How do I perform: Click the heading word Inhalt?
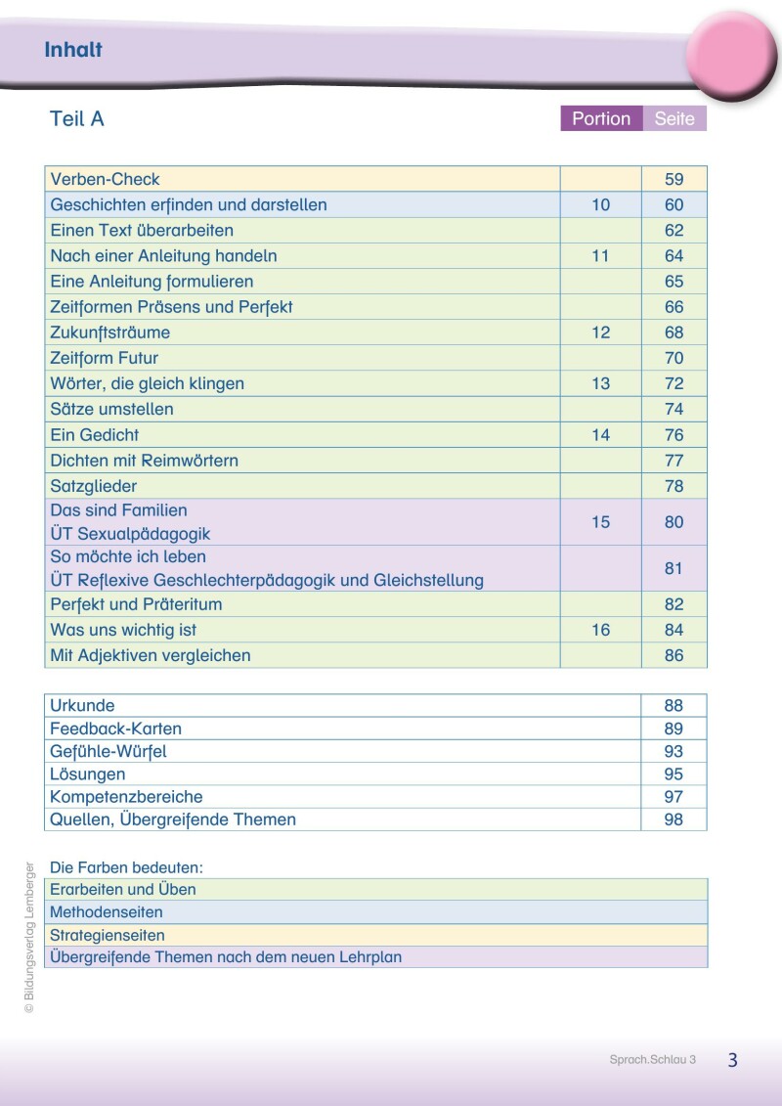point(73,50)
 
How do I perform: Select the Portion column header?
point(601,119)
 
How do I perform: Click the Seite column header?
point(674,119)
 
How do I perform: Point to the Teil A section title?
point(76,119)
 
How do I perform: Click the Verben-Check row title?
point(105,180)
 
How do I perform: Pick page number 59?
point(673,180)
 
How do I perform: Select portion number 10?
point(600,205)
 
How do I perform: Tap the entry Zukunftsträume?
point(109,332)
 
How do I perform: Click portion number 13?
point(600,383)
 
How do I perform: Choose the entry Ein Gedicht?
point(95,435)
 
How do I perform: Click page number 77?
point(673,461)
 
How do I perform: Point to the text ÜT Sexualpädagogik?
point(130,534)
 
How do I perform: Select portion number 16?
point(600,630)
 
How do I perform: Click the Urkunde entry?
point(82,706)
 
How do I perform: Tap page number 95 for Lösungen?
point(673,774)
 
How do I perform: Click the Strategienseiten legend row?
point(108,936)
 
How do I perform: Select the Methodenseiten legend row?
point(107,912)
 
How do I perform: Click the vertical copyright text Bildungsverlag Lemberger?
point(30,937)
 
